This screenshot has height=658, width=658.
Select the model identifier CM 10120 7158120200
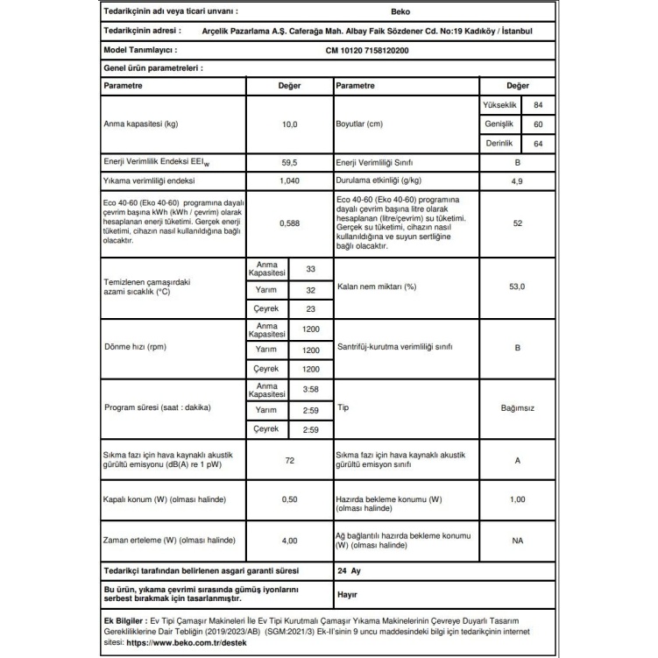click(x=373, y=50)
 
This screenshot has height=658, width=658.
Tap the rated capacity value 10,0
click(x=289, y=124)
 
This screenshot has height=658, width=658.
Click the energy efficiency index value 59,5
click(x=289, y=163)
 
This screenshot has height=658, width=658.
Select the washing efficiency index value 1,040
click(x=289, y=180)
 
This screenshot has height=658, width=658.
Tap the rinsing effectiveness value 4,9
click(x=517, y=180)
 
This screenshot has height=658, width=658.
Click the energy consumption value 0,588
click(x=289, y=223)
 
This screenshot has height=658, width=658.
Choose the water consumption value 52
click(x=517, y=223)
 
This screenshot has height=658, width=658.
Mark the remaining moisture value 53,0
click(x=517, y=287)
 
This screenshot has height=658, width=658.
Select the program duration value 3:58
click(x=310, y=390)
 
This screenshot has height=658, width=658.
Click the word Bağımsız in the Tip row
click(x=517, y=408)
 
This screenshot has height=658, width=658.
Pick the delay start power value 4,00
click(x=289, y=541)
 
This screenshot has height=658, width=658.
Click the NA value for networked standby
click(x=517, y=541)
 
